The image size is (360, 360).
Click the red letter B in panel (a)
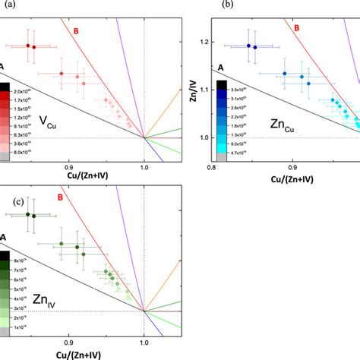[x=76, y=31]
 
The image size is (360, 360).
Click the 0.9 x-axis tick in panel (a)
[x=68, y=165]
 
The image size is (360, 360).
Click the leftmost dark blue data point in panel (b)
[x=248, y=46]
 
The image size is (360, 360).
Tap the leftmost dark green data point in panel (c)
[x=28, y=214]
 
